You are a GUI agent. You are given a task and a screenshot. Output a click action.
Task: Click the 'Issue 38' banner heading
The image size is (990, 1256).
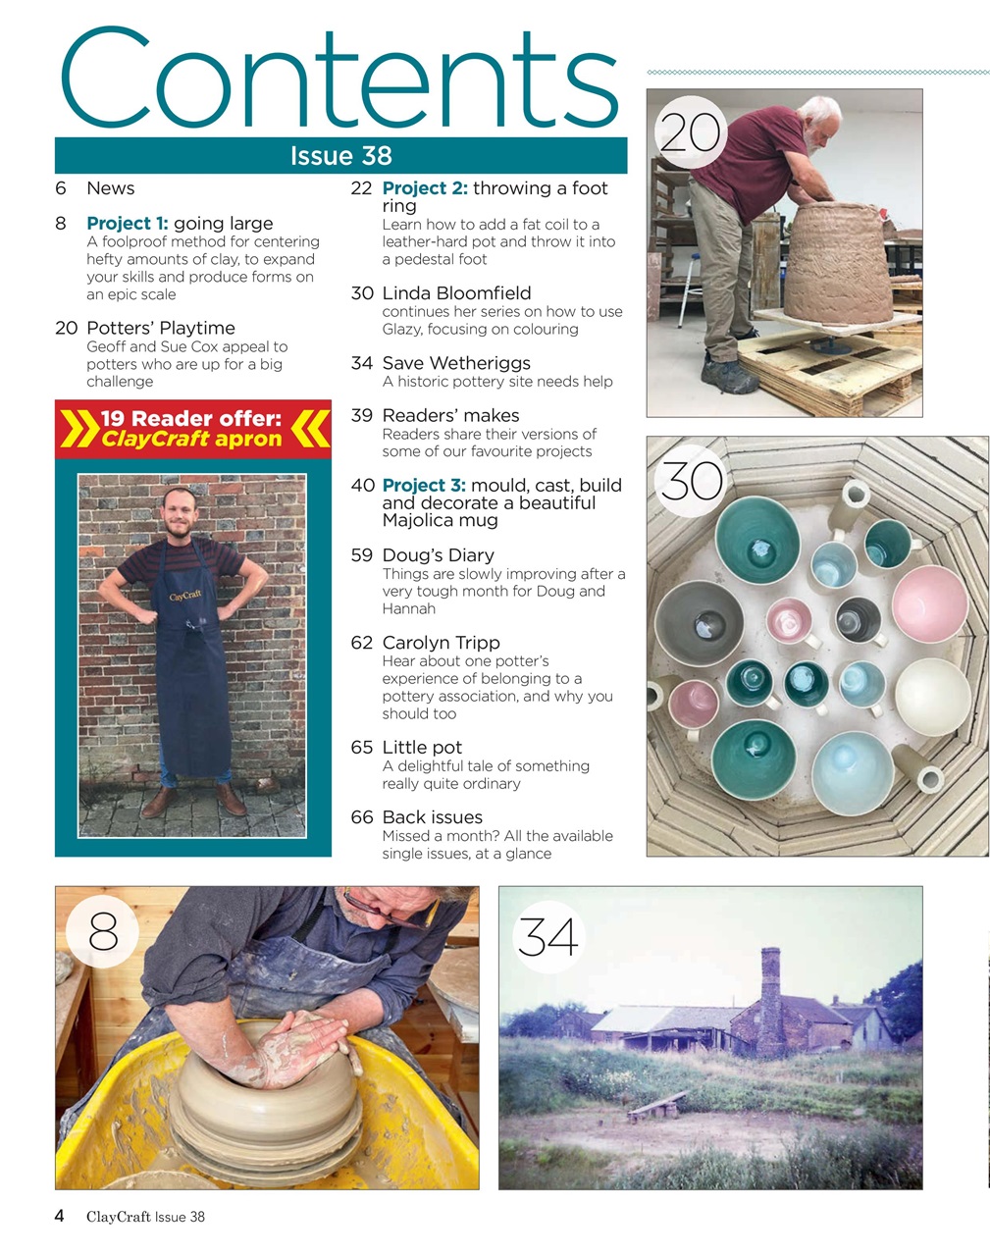tap(340, 156)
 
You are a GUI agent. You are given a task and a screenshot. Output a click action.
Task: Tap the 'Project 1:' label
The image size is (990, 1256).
tap(128, 224)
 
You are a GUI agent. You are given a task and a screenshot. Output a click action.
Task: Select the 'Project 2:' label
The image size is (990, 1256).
tap(425, 188)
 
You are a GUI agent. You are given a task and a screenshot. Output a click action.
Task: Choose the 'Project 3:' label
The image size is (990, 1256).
tap(424, 486)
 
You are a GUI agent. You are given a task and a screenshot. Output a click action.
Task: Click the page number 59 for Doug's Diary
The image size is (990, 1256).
tap(361, 555)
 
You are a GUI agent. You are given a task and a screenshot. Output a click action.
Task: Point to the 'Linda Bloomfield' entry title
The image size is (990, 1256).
tap(456, 293)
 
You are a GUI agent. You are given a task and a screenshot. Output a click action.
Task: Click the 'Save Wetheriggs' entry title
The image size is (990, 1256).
tap(456, 363)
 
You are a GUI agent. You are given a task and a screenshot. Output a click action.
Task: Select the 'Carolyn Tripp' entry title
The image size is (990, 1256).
tap(441, 643)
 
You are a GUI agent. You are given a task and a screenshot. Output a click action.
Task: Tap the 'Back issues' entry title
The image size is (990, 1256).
tap(432, 817)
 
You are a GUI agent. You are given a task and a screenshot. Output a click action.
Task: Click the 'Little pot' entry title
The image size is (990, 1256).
tap(422, 748)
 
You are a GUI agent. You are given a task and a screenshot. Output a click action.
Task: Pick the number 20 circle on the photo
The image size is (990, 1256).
tap(690, 133)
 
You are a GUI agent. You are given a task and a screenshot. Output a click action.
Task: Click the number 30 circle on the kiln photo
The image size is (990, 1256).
tap(692, 481)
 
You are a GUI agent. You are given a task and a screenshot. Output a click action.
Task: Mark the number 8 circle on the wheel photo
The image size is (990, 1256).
tap(103, 931)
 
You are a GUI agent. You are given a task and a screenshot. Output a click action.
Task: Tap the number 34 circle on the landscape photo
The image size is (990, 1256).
tap(547, 937)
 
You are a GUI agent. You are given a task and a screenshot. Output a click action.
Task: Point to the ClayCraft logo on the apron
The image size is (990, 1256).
tap(185, 596)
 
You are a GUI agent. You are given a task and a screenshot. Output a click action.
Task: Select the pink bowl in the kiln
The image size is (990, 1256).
tap(928, 602)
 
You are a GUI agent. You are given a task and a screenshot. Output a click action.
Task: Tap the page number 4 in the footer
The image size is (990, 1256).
tap(60, 1217)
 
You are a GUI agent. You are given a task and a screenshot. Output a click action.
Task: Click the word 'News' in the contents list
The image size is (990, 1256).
tap(110, 188)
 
